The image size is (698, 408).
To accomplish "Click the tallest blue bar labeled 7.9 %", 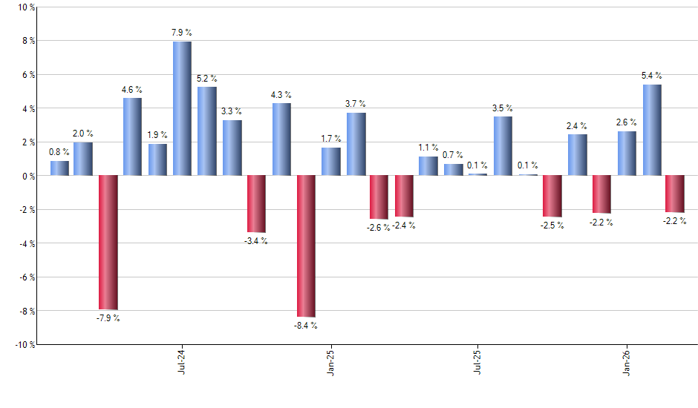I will pyautogui.click(x=182, y=108).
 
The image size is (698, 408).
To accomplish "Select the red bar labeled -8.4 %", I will pyautogui.click(x=306, y=246).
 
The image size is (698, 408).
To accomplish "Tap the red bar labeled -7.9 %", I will pyautogui.click(x=108, y=242).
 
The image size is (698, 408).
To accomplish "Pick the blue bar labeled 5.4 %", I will pyautogui.click(x=652, y=130).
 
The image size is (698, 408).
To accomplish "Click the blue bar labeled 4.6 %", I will pyautogui.click(x=132, y=136).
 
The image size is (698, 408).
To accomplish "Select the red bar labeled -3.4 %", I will pyautogui.click(x=256, y=203).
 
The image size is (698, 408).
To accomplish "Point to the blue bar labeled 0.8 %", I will pyautogui.click(x=59, y=168).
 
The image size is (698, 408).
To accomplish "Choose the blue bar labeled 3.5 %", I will pyautogui.click(x=503, y=145).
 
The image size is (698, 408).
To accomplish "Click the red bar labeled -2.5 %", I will pyautogui.click(x=552, y=196).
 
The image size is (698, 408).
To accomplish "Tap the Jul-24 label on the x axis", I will pyautogui.click(x=182, y=361).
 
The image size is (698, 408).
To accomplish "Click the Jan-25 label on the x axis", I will pyautogui.click(x=330, y=361).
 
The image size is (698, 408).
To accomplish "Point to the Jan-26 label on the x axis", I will pyautogui.click(x=627, y=361).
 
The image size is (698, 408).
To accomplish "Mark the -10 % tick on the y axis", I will pyautogui.click(x=24, y=344).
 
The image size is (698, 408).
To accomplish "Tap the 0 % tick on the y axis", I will pyautogui.click(x=27, y=176).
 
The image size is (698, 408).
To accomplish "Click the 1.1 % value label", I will pyautogui.click(x=428, y=147).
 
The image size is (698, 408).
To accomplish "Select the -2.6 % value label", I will pyautogui.click(x=379, y=227).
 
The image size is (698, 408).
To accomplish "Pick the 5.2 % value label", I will pyautogui.click(x=207, y=77).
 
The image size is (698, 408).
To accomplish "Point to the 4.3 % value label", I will pyautogui.click(x=281, y=94).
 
